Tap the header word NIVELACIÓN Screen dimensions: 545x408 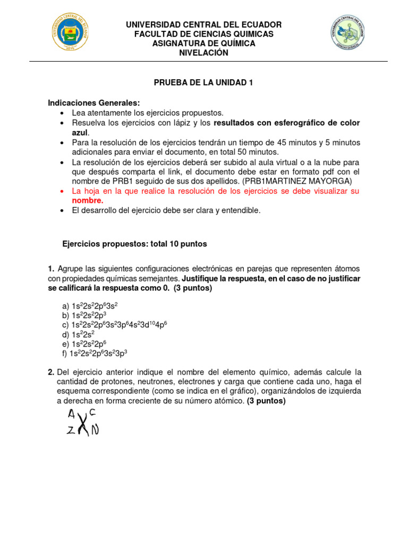pyautogui.click(x=203, y=53)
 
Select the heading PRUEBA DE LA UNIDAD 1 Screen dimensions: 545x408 pyautogui.click(x=203, y=82)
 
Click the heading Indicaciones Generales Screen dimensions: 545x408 pyautogui.click(x=94, y=103)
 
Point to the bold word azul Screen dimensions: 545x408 pyautogui.click(x=80, y=133)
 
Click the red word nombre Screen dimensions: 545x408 pyautogui.click(x=87, y=200)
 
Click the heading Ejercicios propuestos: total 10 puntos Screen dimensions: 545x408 pyautogui.click(x=134, y=244)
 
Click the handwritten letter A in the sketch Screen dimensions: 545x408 pyautogui.click(x=72, y=414)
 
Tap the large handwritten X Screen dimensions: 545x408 pyautogui.click(x=82, y=425)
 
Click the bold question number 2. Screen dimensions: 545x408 pyautogui.click(x=51, y=371)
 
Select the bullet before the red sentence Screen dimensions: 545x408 pyautogui.click(x=63, y=191)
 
